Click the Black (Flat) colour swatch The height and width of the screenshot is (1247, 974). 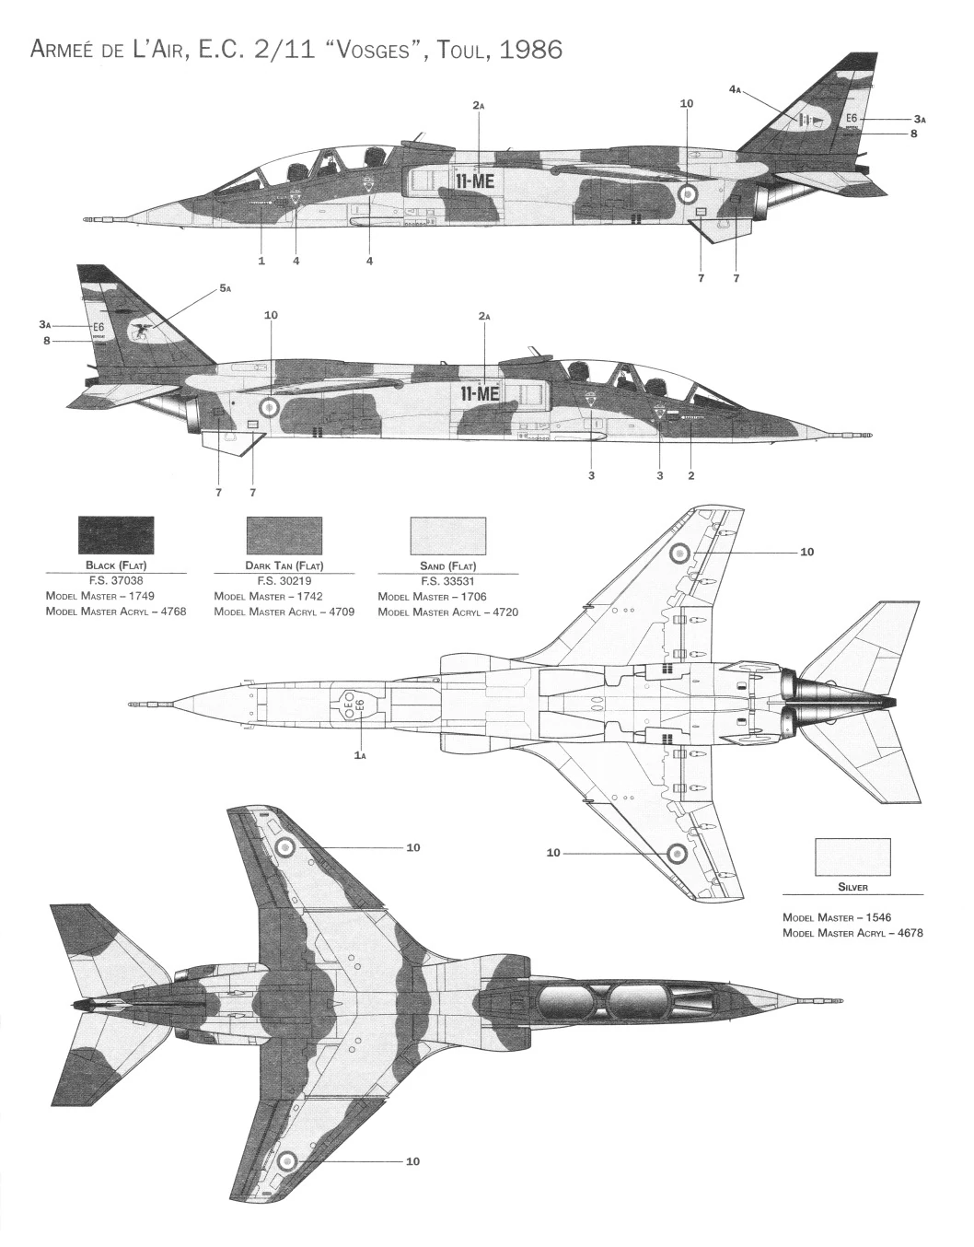pos(116,536)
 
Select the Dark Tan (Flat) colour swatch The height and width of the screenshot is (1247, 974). pos(284,536)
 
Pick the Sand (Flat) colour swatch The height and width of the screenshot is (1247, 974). pos(447,536)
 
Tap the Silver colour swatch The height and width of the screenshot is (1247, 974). pos(852,857)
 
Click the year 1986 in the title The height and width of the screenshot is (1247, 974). pos(528,49)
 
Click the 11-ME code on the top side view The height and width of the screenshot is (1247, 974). pos(475,181)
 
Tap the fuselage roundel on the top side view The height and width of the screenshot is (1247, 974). pos(687,192)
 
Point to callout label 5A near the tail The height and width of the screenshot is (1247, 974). pos(225,289)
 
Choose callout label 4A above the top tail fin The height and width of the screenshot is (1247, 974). pos(735,89)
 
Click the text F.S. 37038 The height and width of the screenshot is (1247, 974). pos(116,581)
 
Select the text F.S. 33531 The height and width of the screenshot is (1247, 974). pos(447,581)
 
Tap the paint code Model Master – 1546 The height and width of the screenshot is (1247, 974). pos(837,917)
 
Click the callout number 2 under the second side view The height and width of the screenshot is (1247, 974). pos(690,475)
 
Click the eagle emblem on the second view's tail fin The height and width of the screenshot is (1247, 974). pos(141,331)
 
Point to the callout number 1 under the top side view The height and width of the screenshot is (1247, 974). pos(261,261)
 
